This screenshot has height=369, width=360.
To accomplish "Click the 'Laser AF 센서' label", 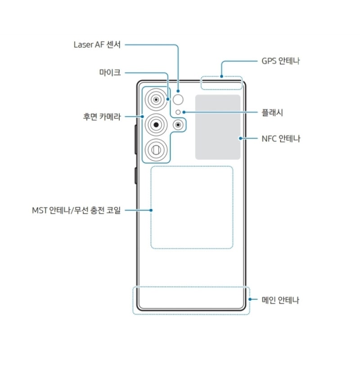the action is pos(97,45).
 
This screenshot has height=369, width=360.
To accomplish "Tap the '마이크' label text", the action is pos(110,72).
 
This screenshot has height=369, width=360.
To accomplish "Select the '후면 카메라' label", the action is pos(102,117).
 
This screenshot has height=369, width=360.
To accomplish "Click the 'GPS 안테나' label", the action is pos(281,61).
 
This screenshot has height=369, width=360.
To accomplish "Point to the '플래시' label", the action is pos(272,112).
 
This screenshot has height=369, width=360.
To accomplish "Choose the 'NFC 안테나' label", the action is pos(281,139).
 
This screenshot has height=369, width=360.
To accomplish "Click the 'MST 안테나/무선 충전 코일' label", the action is pos(76,210).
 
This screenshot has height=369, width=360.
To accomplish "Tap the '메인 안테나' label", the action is pos(280,300).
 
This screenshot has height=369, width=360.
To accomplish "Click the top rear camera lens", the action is pos(156,99).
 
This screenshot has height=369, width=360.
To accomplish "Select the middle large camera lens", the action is pos(156,125).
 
